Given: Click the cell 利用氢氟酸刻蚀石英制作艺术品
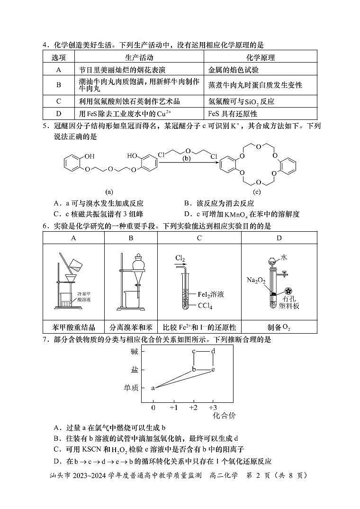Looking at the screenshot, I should coord(129,101).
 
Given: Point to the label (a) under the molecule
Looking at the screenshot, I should coord(109,192).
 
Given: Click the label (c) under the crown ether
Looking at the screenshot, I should coord(257,192).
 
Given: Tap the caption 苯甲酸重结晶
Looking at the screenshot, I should coord(73,327).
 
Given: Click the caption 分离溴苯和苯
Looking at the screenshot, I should coord(131,327).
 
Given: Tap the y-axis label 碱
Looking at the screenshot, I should coord(134,352).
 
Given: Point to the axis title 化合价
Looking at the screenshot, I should coord(224,416).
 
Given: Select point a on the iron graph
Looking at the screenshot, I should coord(153,388).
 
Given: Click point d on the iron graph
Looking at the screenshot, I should coord(213,351).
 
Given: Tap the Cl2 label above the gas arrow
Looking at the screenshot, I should coord(180,258).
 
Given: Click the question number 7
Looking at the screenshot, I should coord(45,340).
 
